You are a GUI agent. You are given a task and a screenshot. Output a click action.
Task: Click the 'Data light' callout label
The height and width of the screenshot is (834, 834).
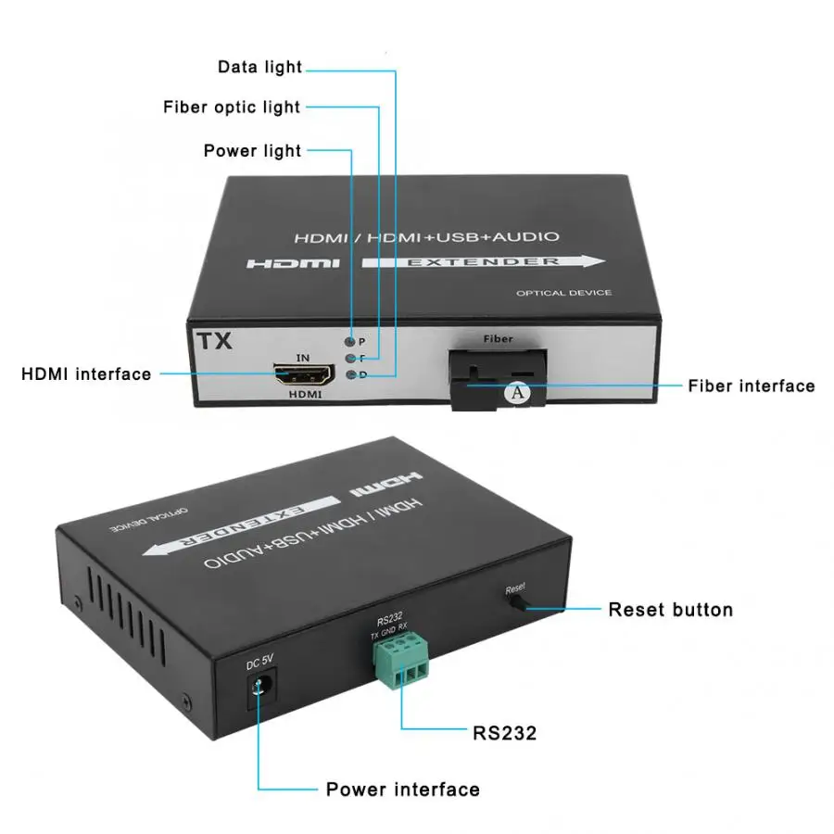point(259,67)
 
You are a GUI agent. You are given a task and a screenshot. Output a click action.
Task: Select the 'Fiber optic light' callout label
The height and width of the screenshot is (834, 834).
point(232,107)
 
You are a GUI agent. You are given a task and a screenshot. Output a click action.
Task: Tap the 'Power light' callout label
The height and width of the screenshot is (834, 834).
point(252,150)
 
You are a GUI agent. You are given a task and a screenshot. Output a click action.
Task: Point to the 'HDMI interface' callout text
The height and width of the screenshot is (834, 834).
point(86,374)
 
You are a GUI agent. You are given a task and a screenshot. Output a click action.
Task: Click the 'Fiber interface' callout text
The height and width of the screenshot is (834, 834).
point(752,385)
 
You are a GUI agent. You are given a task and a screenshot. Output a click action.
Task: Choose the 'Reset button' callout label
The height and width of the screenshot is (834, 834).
point(670,610)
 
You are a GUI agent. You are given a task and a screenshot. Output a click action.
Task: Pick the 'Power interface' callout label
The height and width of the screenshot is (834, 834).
point(402,790)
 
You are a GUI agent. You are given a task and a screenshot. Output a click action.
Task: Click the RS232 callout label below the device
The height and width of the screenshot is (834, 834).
point(505,733)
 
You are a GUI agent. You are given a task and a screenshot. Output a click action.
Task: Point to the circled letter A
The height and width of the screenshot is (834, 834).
point(518,393)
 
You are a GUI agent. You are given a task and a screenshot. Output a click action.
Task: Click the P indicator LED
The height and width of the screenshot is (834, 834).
point(350,342)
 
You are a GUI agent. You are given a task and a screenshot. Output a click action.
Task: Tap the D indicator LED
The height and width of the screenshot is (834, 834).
point(350,375)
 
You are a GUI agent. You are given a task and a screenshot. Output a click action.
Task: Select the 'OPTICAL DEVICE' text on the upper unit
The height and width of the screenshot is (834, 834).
point(563,294)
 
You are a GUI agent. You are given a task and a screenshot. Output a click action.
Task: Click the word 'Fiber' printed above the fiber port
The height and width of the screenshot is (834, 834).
point(498,339)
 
